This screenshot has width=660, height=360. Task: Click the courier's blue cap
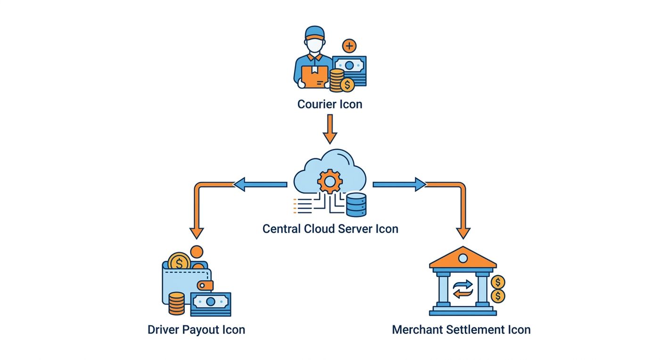pyautogui.click(x=315, y=32)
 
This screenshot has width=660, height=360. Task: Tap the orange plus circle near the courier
pyautogui.click(x=349, y=46)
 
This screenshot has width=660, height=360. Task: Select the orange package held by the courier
pyautogui.click(x=314, y=77)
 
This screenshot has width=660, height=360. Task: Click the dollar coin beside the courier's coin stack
pyautogui.click(x=347, y=85)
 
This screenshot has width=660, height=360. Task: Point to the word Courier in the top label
pyautogui.click(x=317, y=104)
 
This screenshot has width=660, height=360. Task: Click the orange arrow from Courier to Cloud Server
pyautogui.click(x=330, y=129)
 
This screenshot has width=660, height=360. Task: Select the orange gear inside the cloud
pyautogui.click(x=330, y=181)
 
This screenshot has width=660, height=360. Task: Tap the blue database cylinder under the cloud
pyautogui.click(x=356, y=205)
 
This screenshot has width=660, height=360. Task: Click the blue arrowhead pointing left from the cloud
pyautogui.click(x=239, y=184)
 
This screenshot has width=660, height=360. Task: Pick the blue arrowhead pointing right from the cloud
pyautogui.click(x=421, y=184)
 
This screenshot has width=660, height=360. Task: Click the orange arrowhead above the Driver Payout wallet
pyautogui.click(x=197, y=233)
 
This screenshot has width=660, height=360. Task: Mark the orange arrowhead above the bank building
pyautogui.click(x=463, y=233)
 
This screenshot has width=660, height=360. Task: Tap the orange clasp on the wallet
pyautogui.click(x=205, y=285)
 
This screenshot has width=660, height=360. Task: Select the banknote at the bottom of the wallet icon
pyautogui.click(x=211, y=304)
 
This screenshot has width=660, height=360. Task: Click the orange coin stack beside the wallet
pyautogui.click(x=176, y=303)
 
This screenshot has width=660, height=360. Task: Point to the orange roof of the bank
pyautogui.click(x=463, y=257)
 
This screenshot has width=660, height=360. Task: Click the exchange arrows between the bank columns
pyautogui.click(x=463, y=289)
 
